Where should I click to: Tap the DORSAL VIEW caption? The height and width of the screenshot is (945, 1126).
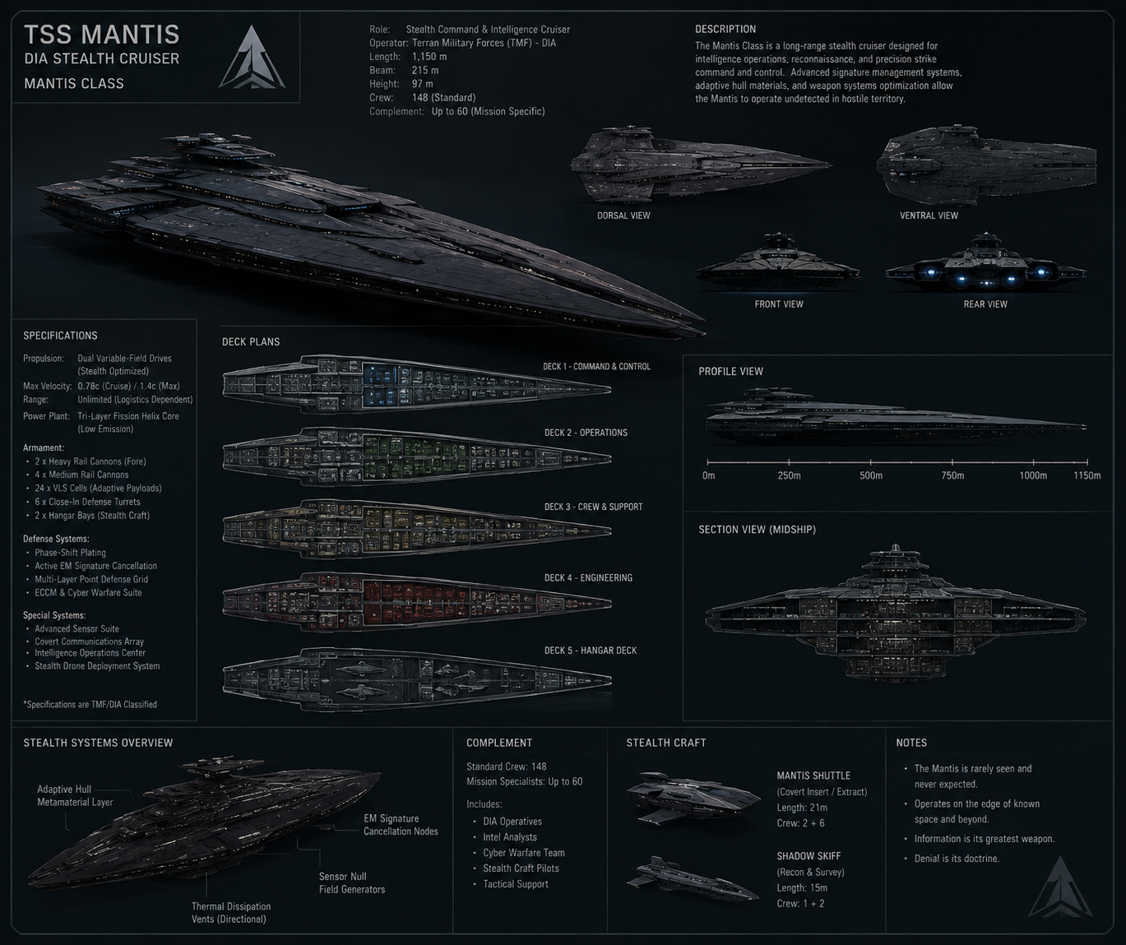pyautogui.click(x=623, y=215)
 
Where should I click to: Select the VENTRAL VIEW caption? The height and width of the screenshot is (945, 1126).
pyautogui.click(x=929, y=215)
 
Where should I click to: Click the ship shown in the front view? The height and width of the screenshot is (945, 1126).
pyautogui.click(x=777, y=264)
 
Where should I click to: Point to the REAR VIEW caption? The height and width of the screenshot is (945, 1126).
pyautogui.click(x=985, y=304)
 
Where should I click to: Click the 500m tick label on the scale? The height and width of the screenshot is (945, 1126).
pyautogui.click(x=871, y=475)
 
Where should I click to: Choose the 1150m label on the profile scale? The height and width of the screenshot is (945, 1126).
pyautogui.click(x=1087, y=475)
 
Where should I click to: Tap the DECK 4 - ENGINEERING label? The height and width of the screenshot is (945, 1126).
pyautogui.click(x=588, y=577)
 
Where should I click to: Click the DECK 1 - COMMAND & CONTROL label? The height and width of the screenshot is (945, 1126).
pyautogui.click(x=596, y=367)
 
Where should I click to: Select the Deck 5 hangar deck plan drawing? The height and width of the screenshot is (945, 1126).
pyautogui.click(x=417, y=679)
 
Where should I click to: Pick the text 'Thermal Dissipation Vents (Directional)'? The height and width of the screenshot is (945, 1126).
pyautogui.click(x=231, y=913)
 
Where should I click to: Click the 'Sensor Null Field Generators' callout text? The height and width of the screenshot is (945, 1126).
pyautogui.click(x=351, y=883)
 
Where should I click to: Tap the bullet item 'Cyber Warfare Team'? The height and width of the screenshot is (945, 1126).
pyautogui.click(x=524, y=853)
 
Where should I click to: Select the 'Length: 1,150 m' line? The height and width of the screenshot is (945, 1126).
pyautogui.click(x=408, y=57)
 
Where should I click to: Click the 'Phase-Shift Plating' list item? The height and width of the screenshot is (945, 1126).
pyautogui.click(x=70, y=553)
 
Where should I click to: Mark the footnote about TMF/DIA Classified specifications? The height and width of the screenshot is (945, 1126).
pyautogui.click(x=90, y=705)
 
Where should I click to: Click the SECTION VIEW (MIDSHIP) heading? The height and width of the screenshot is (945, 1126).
pyautogui.click(x=758, y=530)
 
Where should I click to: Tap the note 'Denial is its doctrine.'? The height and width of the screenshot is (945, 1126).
pyautogui.click(x=957, y=858)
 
